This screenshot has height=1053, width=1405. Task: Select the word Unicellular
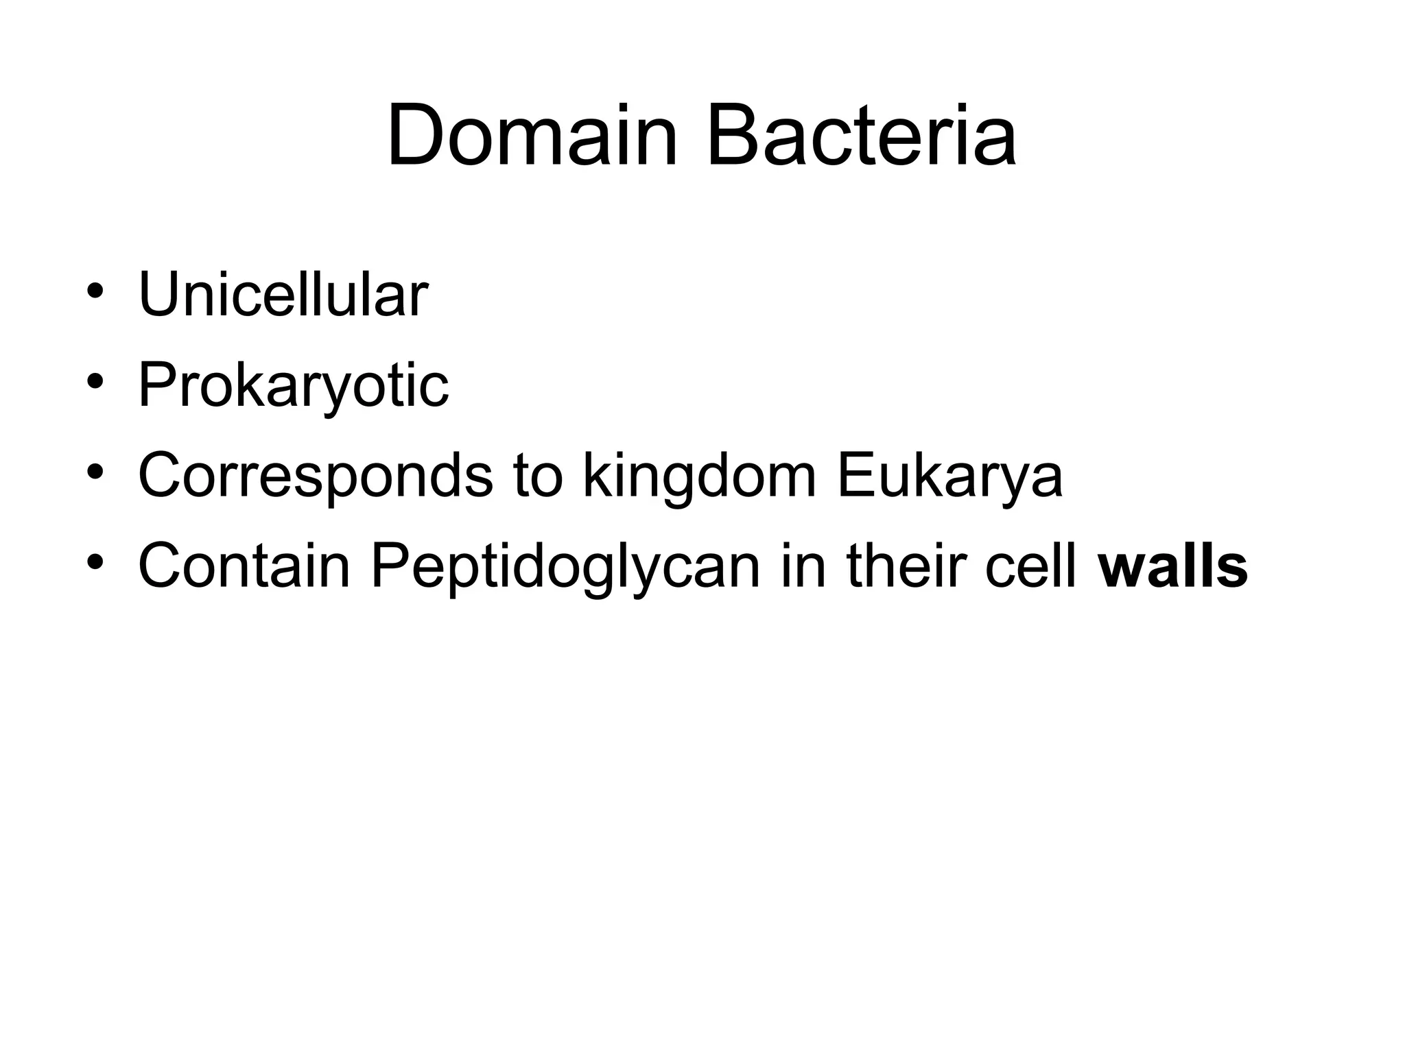pos(283,296)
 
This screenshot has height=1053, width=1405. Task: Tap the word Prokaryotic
pos(293,386)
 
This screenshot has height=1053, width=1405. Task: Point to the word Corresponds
pos(315,476)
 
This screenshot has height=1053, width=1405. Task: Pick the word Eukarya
pos(949,476)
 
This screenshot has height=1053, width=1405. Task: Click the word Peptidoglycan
pos(566,567)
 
